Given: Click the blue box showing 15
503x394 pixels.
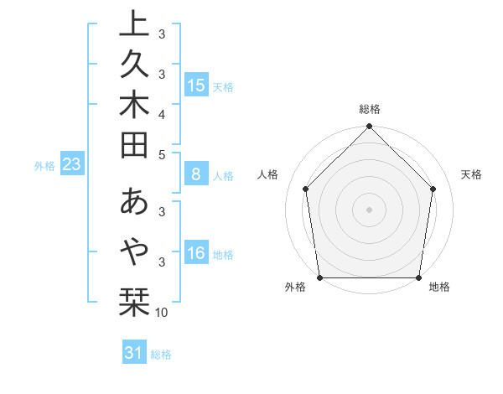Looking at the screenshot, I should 196,86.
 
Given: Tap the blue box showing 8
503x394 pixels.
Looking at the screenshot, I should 196,175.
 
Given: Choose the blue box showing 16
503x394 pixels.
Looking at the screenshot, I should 196,254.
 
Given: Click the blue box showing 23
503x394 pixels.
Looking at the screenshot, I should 71,165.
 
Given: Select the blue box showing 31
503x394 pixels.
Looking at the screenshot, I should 134,353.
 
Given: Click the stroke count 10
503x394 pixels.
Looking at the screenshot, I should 162,313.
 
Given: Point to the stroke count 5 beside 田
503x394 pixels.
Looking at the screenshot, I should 162,154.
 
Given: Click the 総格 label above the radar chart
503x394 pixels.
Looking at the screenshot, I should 370,109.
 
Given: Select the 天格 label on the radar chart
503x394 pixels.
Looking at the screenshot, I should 471,174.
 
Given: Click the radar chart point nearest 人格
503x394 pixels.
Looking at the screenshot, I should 306,189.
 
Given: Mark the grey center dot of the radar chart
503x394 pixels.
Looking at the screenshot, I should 370,209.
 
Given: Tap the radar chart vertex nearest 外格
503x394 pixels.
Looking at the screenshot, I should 319,277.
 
